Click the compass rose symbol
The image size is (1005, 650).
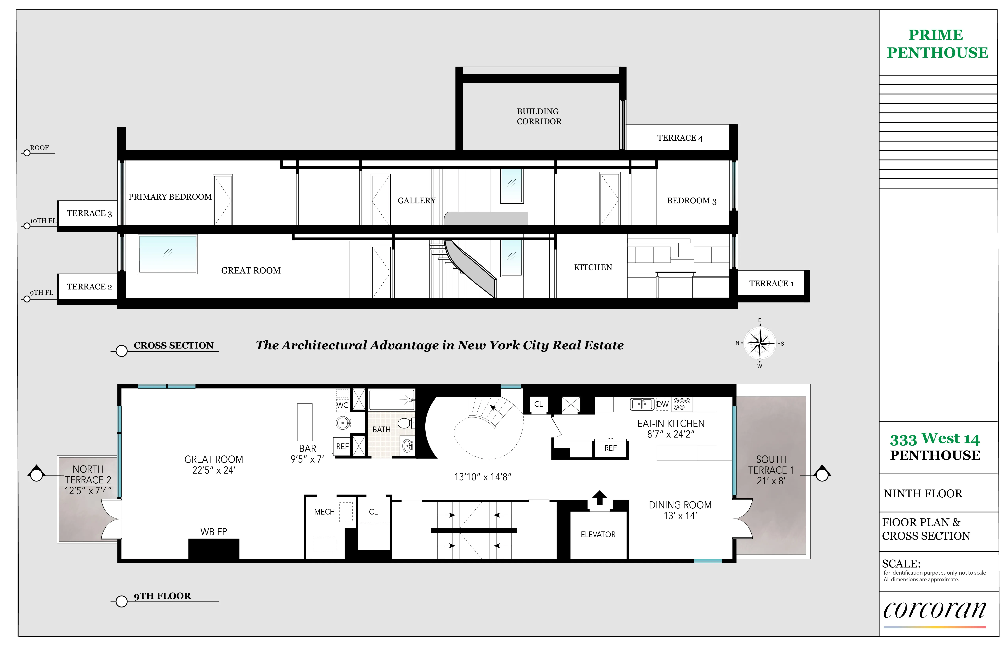[x=760, y=343]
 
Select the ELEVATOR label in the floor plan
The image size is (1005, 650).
[x=598, y=534]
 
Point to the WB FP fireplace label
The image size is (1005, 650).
[x=214, y=532]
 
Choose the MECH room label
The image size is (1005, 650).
[x=324, y=512]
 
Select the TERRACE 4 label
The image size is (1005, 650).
[x=680, y=138]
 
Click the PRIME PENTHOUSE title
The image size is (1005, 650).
[x=937, y=44]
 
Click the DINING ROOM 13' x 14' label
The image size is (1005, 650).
[x=680, y=510]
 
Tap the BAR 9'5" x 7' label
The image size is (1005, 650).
[x=307, y=454]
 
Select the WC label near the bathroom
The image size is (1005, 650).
[x=342, y=405]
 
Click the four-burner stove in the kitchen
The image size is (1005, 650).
[x=681, y=404]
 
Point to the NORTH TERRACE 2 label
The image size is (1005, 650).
[x=88, y=480]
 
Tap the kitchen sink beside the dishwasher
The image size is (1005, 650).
[x=641, y=404]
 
